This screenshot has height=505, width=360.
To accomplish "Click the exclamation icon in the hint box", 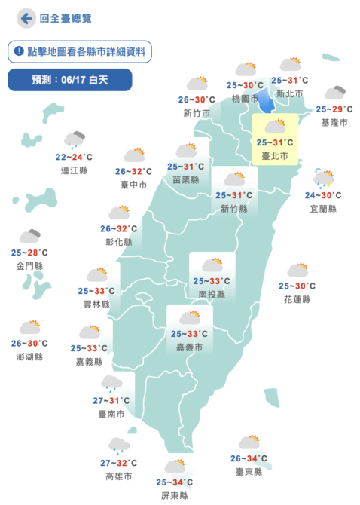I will [x=18, y=51].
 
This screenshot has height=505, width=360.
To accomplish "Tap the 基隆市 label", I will [x=334, y=122].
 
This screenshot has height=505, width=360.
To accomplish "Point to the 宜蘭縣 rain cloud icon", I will [x=325, y=179].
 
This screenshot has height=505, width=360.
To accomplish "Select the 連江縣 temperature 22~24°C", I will [x=75, y=157].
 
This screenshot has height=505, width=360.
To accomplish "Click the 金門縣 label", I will [x=29, y=266].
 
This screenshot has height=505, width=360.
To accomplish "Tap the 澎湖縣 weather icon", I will [x=30, y=327].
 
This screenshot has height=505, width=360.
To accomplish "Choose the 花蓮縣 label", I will [x=297, y=298].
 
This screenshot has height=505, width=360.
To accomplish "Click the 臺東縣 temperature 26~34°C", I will [x=249, y=458].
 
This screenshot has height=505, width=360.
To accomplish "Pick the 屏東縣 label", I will [x=174, y=495].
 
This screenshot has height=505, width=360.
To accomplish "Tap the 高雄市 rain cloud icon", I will [x=118, y=445].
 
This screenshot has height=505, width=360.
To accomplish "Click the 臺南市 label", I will [x=112, y=414].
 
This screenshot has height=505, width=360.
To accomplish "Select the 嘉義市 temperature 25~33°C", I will [x=189, y=334].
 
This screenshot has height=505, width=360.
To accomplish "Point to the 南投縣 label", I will [x=211, y=295].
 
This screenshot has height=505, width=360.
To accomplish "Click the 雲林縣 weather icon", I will [x=97, y=274].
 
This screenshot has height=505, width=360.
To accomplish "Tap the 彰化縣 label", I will [x=119, y=242].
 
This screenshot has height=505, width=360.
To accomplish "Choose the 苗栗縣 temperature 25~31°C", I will [x=185, y=167].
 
